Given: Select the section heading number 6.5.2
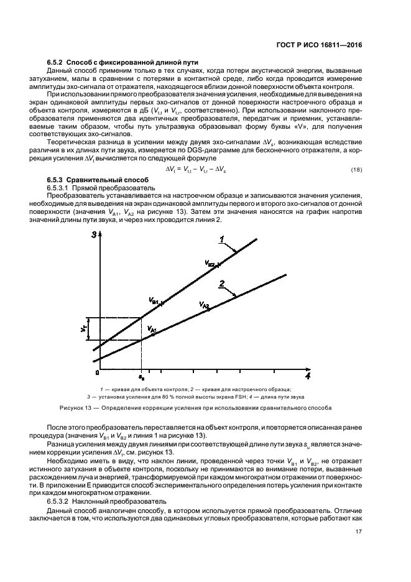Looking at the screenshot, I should [57, 62].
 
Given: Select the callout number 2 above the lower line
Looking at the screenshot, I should [221, 284].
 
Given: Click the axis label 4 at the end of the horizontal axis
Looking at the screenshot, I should [307, 376].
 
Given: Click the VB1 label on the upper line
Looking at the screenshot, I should [155, 302].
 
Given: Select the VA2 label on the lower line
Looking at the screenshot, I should [204, 305].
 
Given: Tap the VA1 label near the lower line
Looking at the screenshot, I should [151, 328].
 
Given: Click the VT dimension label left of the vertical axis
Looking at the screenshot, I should [83, 328].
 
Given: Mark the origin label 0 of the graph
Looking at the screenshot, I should [97, 373].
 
